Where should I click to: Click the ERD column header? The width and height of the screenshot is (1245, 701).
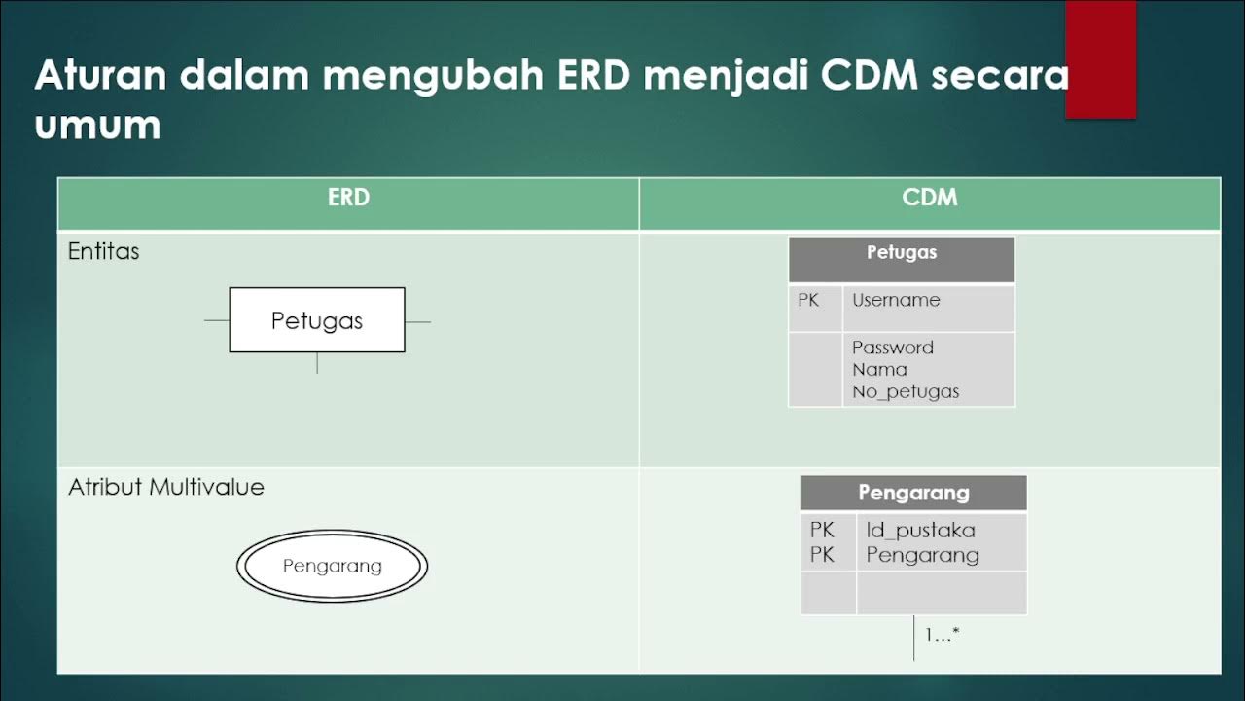[x=348, y=198]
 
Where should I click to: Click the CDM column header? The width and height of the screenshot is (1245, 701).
[x=929, y=198]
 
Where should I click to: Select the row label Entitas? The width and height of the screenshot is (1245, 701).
[x=103, y=251]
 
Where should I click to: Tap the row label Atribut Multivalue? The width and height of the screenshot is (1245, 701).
[x=166, y=488]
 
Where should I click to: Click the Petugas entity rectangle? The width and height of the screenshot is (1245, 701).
[x=317, y=320]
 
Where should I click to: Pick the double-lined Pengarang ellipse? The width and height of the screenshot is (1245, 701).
[x=332, y=566]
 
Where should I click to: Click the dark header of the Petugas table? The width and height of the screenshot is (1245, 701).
[x=902, y=253]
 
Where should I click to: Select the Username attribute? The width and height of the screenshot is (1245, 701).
[x=896, y=300]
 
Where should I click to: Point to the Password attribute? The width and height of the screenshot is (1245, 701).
[x=893, y=348]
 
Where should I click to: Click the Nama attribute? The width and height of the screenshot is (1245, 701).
[x=879, y=370]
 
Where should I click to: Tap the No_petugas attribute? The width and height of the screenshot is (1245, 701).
[x=906, y=392]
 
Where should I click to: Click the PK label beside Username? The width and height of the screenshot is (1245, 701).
[x=808, y=300]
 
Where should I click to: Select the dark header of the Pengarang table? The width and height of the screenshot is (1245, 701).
[x=913, y=493]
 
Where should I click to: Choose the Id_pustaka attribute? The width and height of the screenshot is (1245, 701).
[x=920, y=531]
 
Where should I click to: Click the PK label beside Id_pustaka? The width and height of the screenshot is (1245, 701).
[x=822, y=531]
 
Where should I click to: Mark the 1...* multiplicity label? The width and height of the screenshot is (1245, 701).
[x=942, y=635]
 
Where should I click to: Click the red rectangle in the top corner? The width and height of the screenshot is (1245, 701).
[x=1100, y=58]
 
